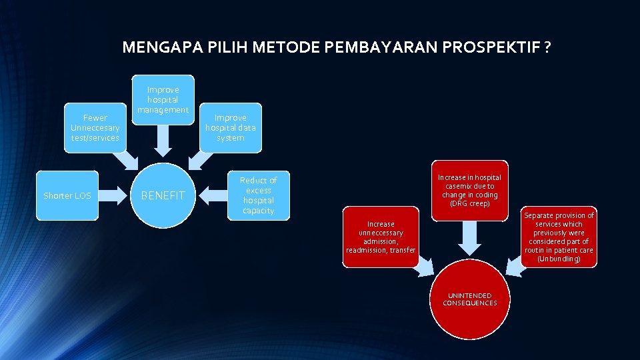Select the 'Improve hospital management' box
point(163,99)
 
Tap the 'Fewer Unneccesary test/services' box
point(95,127)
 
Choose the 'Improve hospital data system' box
point(230,127)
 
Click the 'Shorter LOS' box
point(67,195)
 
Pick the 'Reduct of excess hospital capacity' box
point(258,195)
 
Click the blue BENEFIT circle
point(163,195)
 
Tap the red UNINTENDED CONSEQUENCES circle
point(470,299)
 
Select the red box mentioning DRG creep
point(469,190)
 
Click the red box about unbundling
point(559,237)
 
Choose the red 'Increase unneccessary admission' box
point(381,237)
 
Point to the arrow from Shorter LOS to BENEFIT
point(113,195)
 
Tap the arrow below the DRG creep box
point(470,237)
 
